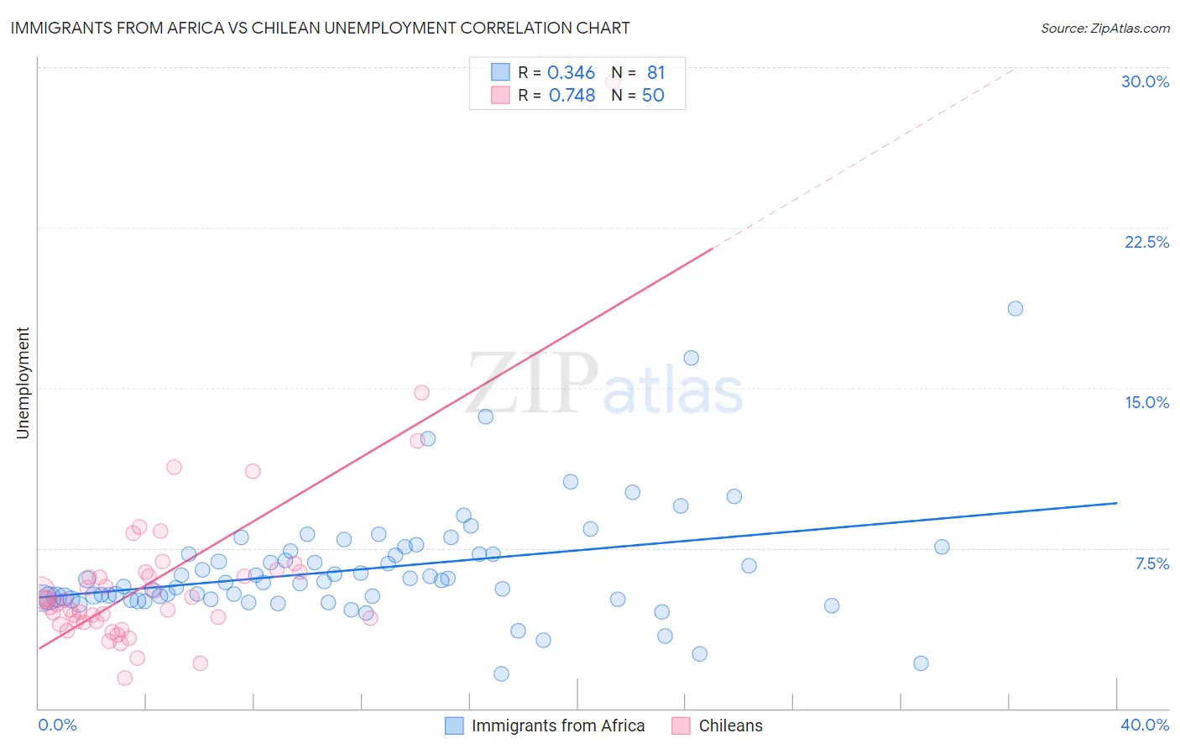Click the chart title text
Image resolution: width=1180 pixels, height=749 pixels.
[x=319, y=28]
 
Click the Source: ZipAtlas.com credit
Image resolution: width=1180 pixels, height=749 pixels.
[x=1104, y=28]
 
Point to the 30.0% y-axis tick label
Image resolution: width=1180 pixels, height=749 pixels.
[x=1145, y=81]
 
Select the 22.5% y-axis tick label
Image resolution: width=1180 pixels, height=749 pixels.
[x=1146, y=242]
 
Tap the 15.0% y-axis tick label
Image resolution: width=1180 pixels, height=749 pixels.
[x=1146, y=402]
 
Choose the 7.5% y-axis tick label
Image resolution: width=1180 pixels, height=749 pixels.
[x=1151, y=563]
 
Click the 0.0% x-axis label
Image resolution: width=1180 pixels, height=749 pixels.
[x=57, y=725]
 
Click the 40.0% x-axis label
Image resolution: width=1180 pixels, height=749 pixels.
[x=1144, y=725]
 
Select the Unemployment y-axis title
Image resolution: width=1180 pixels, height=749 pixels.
[x=23, y=383]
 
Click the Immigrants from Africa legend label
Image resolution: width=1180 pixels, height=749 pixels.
[x=557, y=725]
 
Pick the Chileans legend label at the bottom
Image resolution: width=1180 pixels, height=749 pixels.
[x=730, y=725]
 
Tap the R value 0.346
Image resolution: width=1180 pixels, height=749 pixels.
[x=571, y=73]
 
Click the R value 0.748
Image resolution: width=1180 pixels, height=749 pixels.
[x=572, y=96]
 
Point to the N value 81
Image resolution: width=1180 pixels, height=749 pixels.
[x=655, y=73]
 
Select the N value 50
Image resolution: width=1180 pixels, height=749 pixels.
[x=653, y=96]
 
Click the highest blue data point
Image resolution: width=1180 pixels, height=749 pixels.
[x=1015, y=308]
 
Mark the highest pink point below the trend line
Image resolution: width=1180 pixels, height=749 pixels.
[x=421, y=392]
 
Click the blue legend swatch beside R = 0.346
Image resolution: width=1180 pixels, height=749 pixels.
[x=500, y=72]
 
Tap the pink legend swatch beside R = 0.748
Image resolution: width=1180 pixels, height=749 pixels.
[x=500, y=95]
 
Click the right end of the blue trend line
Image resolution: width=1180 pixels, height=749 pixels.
[x=1116, y=503]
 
